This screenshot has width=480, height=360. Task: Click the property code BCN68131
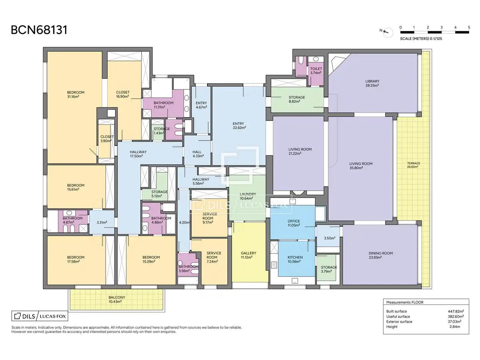coord(39,30)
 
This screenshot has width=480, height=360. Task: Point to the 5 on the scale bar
coord(469,27)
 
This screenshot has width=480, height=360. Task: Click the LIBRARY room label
coord(372,81)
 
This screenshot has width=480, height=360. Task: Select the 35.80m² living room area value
coord(356,168)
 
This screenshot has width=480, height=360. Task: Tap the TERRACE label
coord(414,163)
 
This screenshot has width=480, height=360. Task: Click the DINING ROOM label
coord(381,253)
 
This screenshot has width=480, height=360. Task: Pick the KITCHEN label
coord(295,257)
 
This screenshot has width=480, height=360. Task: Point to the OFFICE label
coord(294,221)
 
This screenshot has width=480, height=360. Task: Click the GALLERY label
coord(248,253)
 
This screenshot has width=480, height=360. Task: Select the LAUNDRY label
coord(248,194)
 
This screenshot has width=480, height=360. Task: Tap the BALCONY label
coord(117,297)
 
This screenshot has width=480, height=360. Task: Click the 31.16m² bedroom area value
coord(73,97)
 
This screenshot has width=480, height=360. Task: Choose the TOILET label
coord(316,69)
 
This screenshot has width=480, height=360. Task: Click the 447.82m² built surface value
coord(456,311)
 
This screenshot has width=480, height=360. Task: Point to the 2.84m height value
coord(455,327)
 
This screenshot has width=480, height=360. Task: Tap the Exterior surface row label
coord(399,322)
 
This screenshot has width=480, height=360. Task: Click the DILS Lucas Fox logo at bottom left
coord(40,316)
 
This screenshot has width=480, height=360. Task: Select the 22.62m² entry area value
coord(239,128)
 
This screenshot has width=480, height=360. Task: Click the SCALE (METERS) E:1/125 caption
coord(421,39)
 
